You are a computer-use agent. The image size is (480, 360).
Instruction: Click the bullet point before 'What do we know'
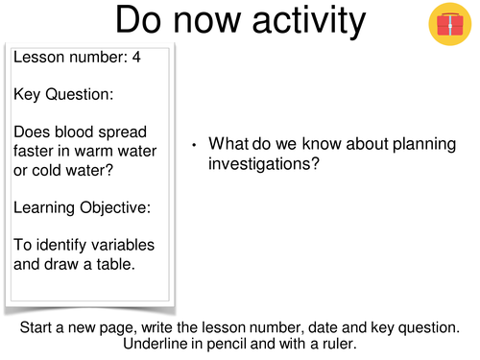click(194, 146)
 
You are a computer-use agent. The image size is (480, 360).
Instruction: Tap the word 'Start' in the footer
click(38, 327)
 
